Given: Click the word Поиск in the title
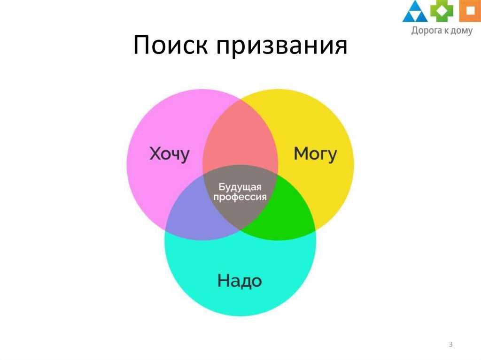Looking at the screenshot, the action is [x=170, y=45].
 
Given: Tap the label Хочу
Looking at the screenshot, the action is [x=169, y=154].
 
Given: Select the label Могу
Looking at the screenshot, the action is [x=315, y=154].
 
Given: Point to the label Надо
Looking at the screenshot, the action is [x=240, y=281].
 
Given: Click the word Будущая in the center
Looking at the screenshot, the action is [x=240, y=187].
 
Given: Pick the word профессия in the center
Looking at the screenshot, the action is [x=240, y=197].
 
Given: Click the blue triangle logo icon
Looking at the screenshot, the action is [x=415, y=12].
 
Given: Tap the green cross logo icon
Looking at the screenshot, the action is [x=442, y=10].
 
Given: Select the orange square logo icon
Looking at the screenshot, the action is [x=470, y=11].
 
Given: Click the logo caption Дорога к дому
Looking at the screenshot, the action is [x=442, y=31].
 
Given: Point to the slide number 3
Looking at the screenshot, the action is [x=450, y=344].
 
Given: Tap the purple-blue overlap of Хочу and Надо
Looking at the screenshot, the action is [x=196, y=212].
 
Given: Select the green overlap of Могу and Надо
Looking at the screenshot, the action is [x=284, y=212].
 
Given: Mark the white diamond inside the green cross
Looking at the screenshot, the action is [x=442, y=10].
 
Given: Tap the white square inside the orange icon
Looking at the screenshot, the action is [x=470, y=10].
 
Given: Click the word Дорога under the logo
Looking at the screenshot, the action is [x=426, y=31].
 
